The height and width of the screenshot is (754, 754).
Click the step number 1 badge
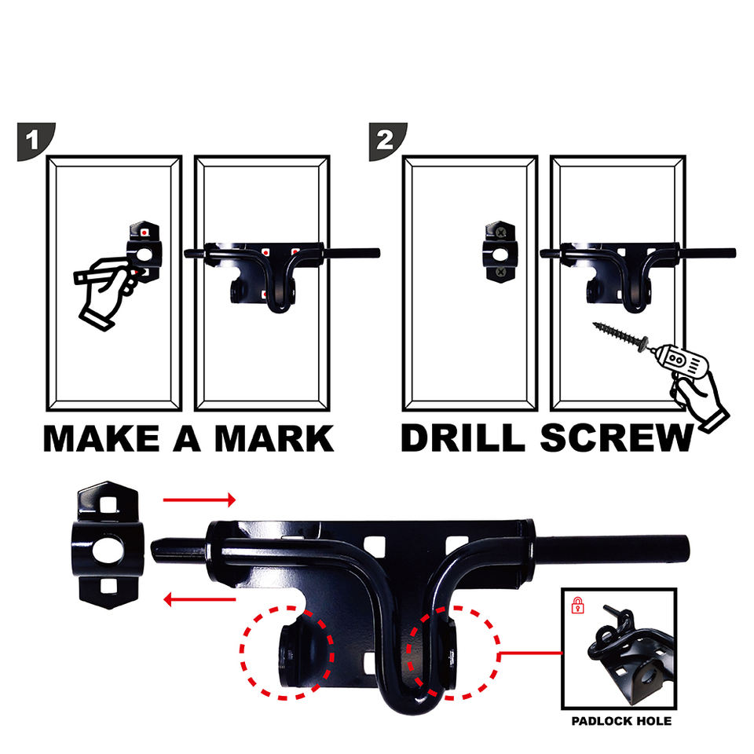[35, 141]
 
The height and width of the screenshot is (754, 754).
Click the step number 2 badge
[386, 141]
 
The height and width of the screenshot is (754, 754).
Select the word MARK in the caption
[274, 438]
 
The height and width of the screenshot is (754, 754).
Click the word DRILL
[463, 438]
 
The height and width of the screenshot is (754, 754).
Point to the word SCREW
[617, 438]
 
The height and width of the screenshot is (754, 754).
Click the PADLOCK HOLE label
[621, 721]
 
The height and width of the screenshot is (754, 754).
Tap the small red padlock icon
[577, 606]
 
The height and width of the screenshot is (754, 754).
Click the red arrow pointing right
[199, 500]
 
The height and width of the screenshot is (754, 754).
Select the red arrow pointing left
[199, 599]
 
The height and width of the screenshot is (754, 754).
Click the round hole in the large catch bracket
[108, 549]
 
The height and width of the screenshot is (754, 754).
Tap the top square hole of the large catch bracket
[108, 505]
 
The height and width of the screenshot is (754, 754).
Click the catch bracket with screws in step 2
[500, 251]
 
